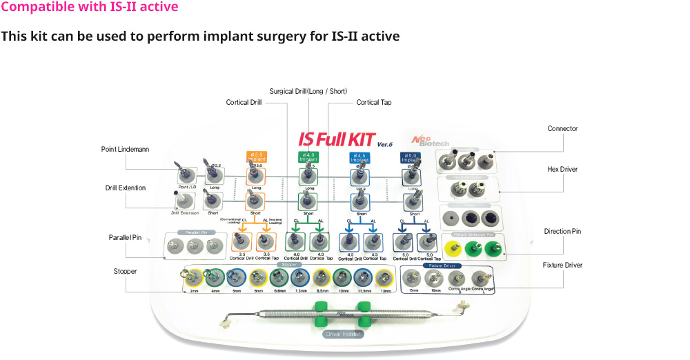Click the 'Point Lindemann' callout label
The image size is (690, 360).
(x=125, y=149)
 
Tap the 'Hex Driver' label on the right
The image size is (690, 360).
(x=562, y=169)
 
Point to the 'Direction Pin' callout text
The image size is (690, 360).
(x=562, y=231)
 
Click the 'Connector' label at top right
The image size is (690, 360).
(x=562, y=128)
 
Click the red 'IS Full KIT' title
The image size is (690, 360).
(x=335, y=139)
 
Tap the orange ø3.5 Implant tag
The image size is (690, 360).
(x=257, y=157)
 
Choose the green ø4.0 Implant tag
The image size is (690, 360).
(x=307, y=157)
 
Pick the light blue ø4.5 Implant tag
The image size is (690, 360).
(x=359, y=157)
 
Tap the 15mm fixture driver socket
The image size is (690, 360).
(x=413, y=279)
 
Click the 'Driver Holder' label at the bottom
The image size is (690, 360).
(x=342, y=334)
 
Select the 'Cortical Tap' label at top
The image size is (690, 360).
(x=374, y=102)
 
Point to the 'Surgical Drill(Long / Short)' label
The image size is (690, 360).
(x=308, y=91)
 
